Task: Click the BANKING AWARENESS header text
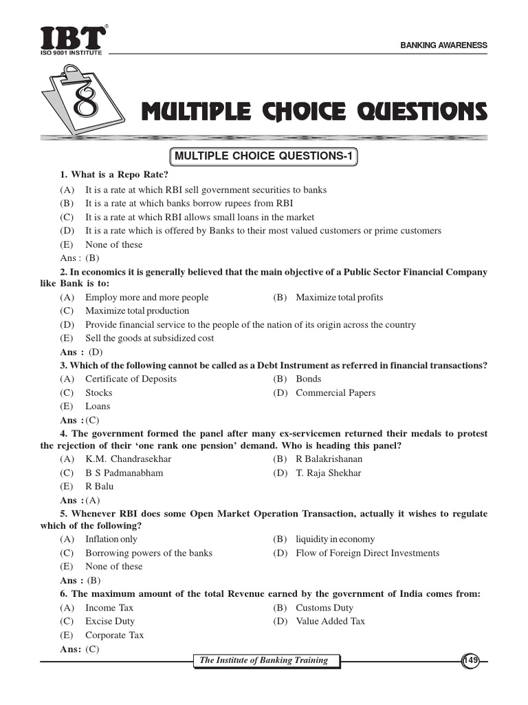444,45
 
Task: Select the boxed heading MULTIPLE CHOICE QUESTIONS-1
264,157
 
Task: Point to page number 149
470,661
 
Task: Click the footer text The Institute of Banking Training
264,661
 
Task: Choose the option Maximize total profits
340,297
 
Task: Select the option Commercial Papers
335,393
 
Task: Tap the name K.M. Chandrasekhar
128,459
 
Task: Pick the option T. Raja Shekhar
328,473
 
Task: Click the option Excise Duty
109,621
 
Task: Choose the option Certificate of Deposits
131,379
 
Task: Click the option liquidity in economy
335,540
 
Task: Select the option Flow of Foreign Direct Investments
367,553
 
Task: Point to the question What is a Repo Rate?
115,175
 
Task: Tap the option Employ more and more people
146,297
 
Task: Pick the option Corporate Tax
114,635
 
